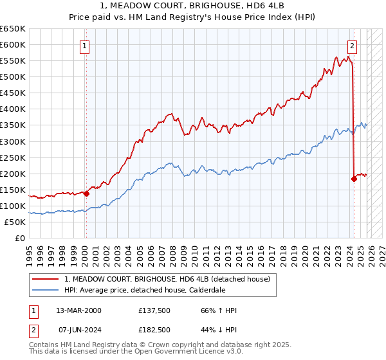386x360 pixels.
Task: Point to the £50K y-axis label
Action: (x=15, y=222)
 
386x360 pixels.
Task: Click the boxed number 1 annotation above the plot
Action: (x=86, y=46)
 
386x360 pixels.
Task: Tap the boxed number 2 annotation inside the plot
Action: (x=353, y=46)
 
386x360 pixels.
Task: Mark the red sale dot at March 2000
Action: (x=86, y=193)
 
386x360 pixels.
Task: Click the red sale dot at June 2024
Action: (x=354, y=179)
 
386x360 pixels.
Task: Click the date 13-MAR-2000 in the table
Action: (x=78, y=310)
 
